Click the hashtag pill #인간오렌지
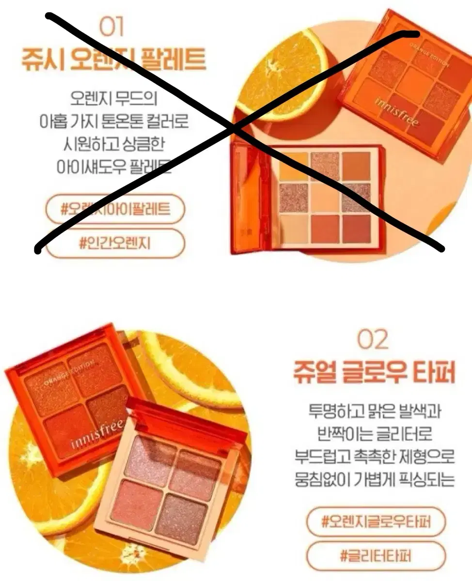[115, 242]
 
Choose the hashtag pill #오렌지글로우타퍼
[376, 522]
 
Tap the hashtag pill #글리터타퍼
[376, 555]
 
